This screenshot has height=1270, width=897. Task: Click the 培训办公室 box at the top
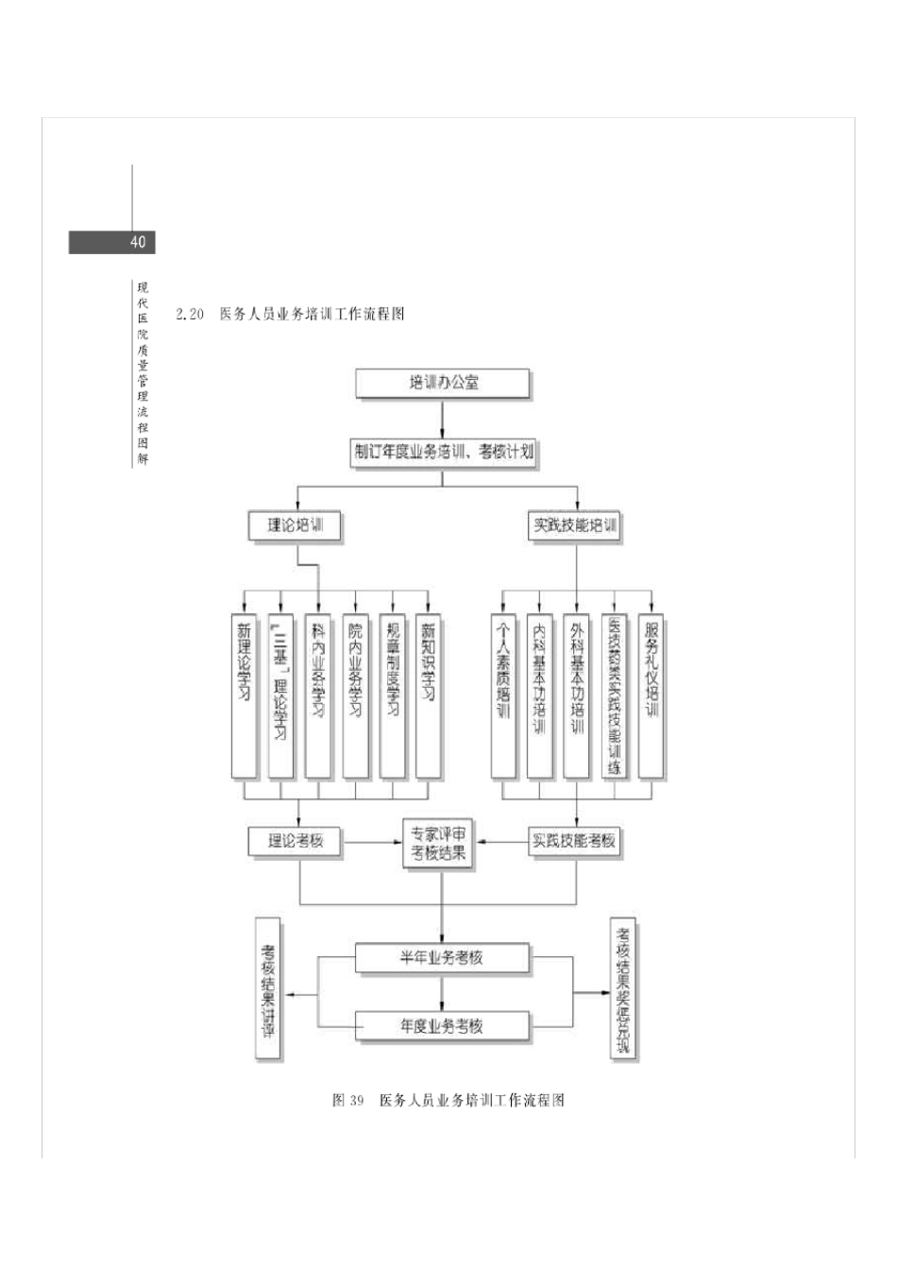tap(443, 384)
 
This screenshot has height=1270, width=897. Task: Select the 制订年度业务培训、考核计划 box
tap(443, 452)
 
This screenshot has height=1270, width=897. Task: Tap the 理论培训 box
tap(294, 525)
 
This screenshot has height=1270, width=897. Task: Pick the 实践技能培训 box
tap(575, 525)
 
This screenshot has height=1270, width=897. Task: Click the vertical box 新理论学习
tap(245, 696)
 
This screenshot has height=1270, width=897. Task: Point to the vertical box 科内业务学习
tap(318, 696)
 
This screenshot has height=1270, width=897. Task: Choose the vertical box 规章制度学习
tap(392, 696)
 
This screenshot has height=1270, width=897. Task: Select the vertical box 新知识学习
tap(429, 696)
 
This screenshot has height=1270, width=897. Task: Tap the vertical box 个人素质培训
tap(503, 696)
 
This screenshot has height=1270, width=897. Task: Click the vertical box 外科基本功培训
tap(577, 696)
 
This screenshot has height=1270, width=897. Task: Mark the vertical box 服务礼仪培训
tap(651, 696)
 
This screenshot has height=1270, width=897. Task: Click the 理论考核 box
tap(294, 840)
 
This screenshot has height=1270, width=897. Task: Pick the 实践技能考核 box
tap(574, 840)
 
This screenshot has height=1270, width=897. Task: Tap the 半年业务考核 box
tap(442, 957)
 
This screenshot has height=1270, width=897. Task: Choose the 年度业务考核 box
tap(442, 1025)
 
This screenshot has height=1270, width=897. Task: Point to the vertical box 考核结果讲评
tap(268, 988)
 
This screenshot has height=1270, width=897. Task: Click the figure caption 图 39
tap(347, 1101)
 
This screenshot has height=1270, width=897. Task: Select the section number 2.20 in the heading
tap(190, 315)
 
